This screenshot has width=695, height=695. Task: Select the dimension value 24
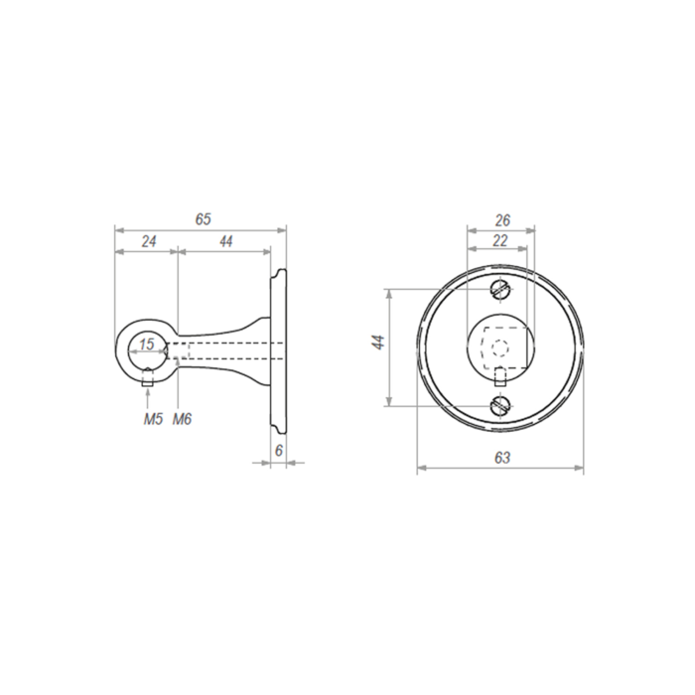coord(147,241)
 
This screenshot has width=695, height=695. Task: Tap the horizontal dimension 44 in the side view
coord(225,241)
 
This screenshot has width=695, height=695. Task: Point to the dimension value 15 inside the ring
coord(147,345)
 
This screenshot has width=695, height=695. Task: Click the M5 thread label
coord(151,419)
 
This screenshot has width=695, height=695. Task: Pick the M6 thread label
coord(182,419)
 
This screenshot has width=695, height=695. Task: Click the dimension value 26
coord(502,220)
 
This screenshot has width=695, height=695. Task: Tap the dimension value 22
coord(499,241)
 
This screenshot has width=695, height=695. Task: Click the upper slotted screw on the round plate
coord(500,290)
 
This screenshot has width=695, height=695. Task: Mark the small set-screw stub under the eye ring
coord(148,375)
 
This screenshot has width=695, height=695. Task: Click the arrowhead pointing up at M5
coord(148,390)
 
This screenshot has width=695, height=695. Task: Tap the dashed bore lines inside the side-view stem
coord(223,347)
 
